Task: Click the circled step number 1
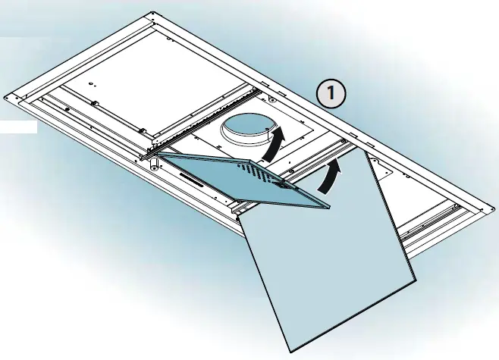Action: [x=331, y=93]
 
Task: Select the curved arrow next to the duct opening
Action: [x=272, y=144]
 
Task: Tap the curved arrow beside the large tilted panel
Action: [x=329, y=176]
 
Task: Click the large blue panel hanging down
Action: [x=328, y=251]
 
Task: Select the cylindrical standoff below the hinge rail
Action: [x=154, y=162]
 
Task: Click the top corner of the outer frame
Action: [x=152, y=13]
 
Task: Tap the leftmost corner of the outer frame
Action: [x=5, y=97]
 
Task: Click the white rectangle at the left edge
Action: [x=18, y=127]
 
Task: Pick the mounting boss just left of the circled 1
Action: [x=271, y=99]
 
